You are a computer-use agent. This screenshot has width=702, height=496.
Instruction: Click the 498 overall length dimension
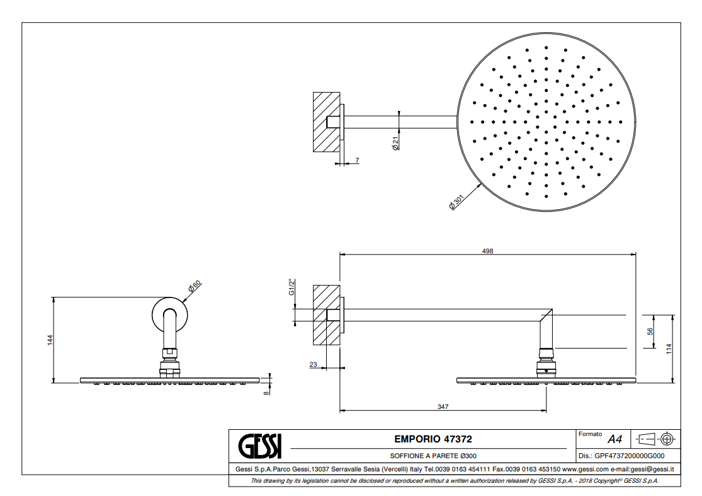(x=487, y=251)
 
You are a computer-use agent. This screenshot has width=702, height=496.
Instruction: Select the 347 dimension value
(x=443, y=407)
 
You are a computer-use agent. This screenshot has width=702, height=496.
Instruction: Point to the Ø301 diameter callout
(x=456, y=203)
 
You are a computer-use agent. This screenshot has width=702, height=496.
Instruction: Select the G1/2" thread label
(x=292, y=287)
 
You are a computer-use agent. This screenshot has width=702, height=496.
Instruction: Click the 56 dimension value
(x=650, y=331)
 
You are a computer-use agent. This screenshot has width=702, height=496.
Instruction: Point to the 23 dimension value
(x=313, y=364)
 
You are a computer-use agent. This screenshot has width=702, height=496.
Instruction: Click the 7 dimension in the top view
(x=357, y=161)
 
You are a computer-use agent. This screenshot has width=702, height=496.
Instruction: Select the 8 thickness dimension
(x=266, y=392)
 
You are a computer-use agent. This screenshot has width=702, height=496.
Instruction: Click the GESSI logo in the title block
(x=260, y=447)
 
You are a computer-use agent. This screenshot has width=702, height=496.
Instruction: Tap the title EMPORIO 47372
(x=433, y=439)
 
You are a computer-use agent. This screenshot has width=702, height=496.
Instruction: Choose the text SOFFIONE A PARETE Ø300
(x=433, y=456)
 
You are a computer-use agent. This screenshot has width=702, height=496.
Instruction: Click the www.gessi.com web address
(x=584, y=469)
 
